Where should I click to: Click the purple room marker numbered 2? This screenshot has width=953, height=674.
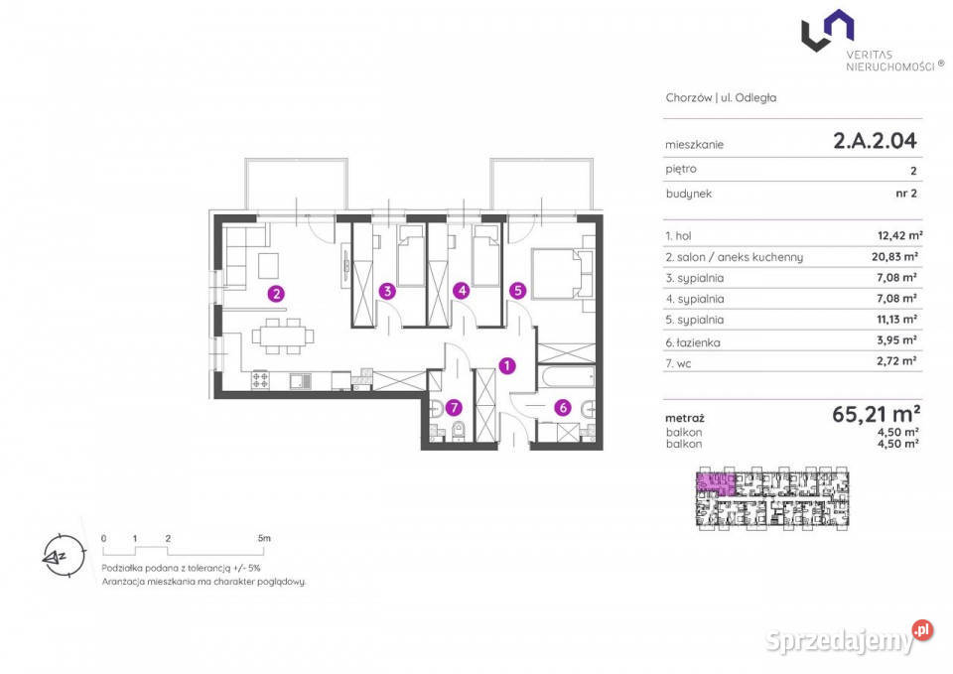[x=276, y=294]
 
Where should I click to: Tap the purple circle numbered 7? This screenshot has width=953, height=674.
[x=454, y=407]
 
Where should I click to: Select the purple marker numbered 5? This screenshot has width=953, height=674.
[x=518, y=291]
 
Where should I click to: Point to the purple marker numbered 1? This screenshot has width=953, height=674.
[x=507, y=366]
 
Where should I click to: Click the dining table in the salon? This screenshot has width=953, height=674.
[x=283, y=337]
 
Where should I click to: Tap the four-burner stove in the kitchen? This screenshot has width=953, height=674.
[x=261, y=380]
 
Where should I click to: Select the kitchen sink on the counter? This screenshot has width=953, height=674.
[x=300, y=381]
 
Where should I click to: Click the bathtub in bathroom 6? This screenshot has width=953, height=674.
[x=567, y=377]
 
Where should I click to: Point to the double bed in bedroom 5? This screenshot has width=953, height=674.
[x=563, y=274]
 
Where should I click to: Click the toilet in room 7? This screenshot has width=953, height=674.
[x=459, y=431]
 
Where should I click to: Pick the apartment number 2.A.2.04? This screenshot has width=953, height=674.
[x=875, y=141]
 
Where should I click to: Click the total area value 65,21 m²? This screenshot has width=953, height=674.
[x=876, y=414]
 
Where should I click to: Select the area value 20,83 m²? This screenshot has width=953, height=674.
[x=894, y=257]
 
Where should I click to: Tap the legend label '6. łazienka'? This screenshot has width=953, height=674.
[x=693, y=342]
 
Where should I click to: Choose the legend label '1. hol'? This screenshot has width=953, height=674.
[x=678, y=236]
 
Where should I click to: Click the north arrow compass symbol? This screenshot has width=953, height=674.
[x=64, y=556]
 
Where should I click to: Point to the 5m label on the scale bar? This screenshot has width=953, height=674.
[x=264, y=538]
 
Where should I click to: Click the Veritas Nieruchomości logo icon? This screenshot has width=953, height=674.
[x=827, y=31]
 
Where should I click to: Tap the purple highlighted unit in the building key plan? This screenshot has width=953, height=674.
[x=715, y=480]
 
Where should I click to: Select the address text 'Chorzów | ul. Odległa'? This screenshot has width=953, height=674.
[x=721, y=98]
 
